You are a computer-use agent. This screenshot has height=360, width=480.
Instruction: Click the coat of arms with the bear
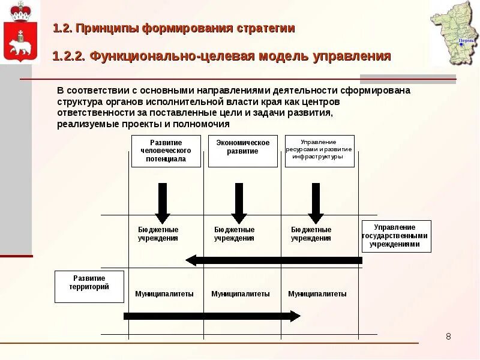point(20,32)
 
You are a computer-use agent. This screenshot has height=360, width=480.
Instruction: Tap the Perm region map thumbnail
point(454,34)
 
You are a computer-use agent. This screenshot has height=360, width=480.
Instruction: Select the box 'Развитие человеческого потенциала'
point(166,151)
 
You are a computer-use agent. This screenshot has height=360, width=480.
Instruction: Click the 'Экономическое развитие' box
point(243,151)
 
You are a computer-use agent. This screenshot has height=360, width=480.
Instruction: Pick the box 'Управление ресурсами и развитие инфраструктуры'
point(319,151)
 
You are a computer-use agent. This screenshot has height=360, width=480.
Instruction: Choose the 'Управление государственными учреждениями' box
point(396,236)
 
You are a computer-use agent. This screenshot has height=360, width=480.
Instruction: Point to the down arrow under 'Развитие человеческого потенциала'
point(163,203)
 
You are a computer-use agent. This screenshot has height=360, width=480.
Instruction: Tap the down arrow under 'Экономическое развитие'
point(239,203)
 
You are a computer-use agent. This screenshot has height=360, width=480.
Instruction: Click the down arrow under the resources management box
point(316,203)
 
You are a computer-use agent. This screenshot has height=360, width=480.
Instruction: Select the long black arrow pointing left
point(274,260)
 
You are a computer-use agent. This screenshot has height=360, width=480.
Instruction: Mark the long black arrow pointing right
point(212,316)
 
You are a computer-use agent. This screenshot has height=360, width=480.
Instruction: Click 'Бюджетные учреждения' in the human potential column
point(158,234)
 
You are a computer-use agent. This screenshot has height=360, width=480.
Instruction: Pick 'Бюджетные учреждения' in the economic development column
point(235,234)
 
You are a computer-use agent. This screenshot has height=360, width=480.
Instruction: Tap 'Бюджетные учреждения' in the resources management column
point(311,234)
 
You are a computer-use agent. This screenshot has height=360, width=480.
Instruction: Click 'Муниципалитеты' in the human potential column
point(164,294)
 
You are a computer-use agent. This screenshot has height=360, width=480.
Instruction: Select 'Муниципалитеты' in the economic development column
point(241,294)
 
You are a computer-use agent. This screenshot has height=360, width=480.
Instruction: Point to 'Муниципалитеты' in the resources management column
point(317,294)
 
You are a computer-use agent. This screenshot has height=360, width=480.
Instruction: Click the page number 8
point(448,337)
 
